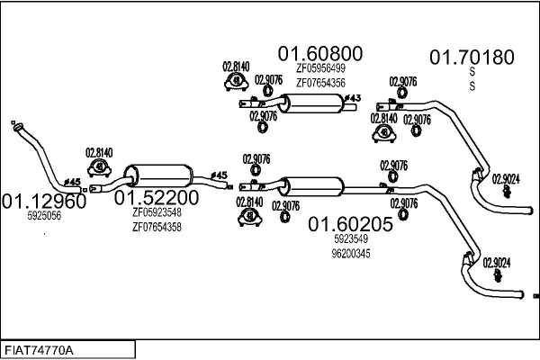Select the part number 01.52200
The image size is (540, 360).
click(x=156, y=197)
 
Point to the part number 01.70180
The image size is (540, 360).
click(x=471, y=58)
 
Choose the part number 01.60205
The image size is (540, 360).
click(x=351, y=225)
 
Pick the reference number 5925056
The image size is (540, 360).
click(x=44, y=217)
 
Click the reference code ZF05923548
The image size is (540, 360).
click(x=157, y=213)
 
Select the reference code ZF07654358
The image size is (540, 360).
click(x=157, y=228)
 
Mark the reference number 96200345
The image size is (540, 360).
click(x=352, y=255)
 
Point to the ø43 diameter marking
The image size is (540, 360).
click(x=353, y=97)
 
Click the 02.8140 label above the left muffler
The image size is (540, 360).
click(x=98, y=153)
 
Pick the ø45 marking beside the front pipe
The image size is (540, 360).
click(x=74, y=183)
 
